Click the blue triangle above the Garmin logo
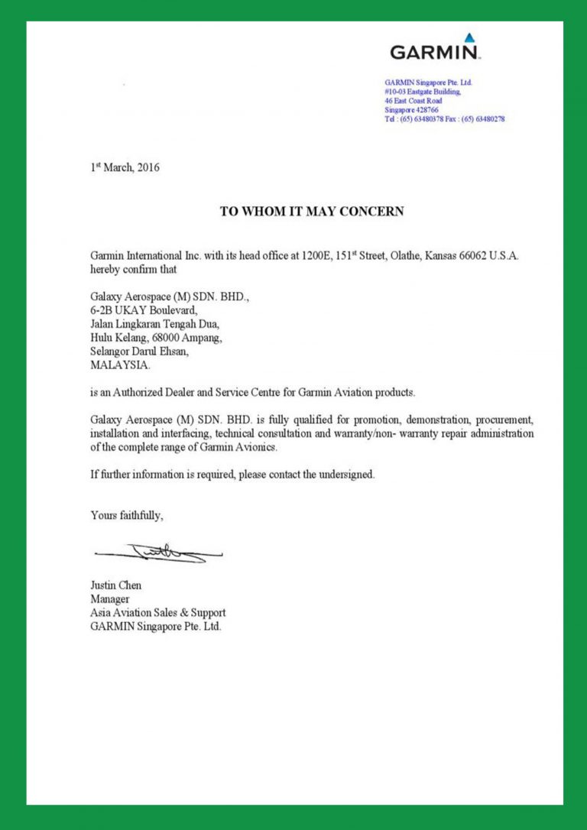pos(469,37)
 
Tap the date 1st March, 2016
pos(125,167)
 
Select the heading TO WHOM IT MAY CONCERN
pos(312,212)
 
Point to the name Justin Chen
pos(115,585)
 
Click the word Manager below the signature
pos(110,599)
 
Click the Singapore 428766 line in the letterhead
pos(411,110)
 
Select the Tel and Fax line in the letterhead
pos(444,119)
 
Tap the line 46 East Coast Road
pos(413,101)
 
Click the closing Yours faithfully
pos(127,516)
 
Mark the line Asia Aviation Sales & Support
pos(158,613)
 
